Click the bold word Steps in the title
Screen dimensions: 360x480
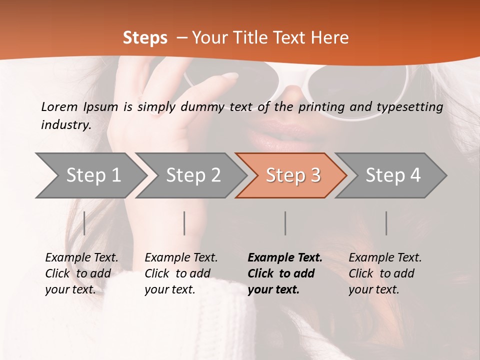point(145,38)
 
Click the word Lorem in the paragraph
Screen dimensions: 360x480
point(59,106)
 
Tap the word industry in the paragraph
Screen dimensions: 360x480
point(65,124)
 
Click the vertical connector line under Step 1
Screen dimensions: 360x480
point(84,223)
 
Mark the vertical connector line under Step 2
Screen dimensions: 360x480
point(184,223)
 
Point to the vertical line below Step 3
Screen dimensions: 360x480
point(285,223)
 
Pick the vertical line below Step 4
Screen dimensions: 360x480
point(386,223)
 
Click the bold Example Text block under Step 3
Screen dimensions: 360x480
point(284,273)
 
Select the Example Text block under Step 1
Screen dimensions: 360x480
point(81,273)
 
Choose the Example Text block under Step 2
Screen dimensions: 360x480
point(181,273)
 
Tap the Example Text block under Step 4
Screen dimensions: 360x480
point(385,273)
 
